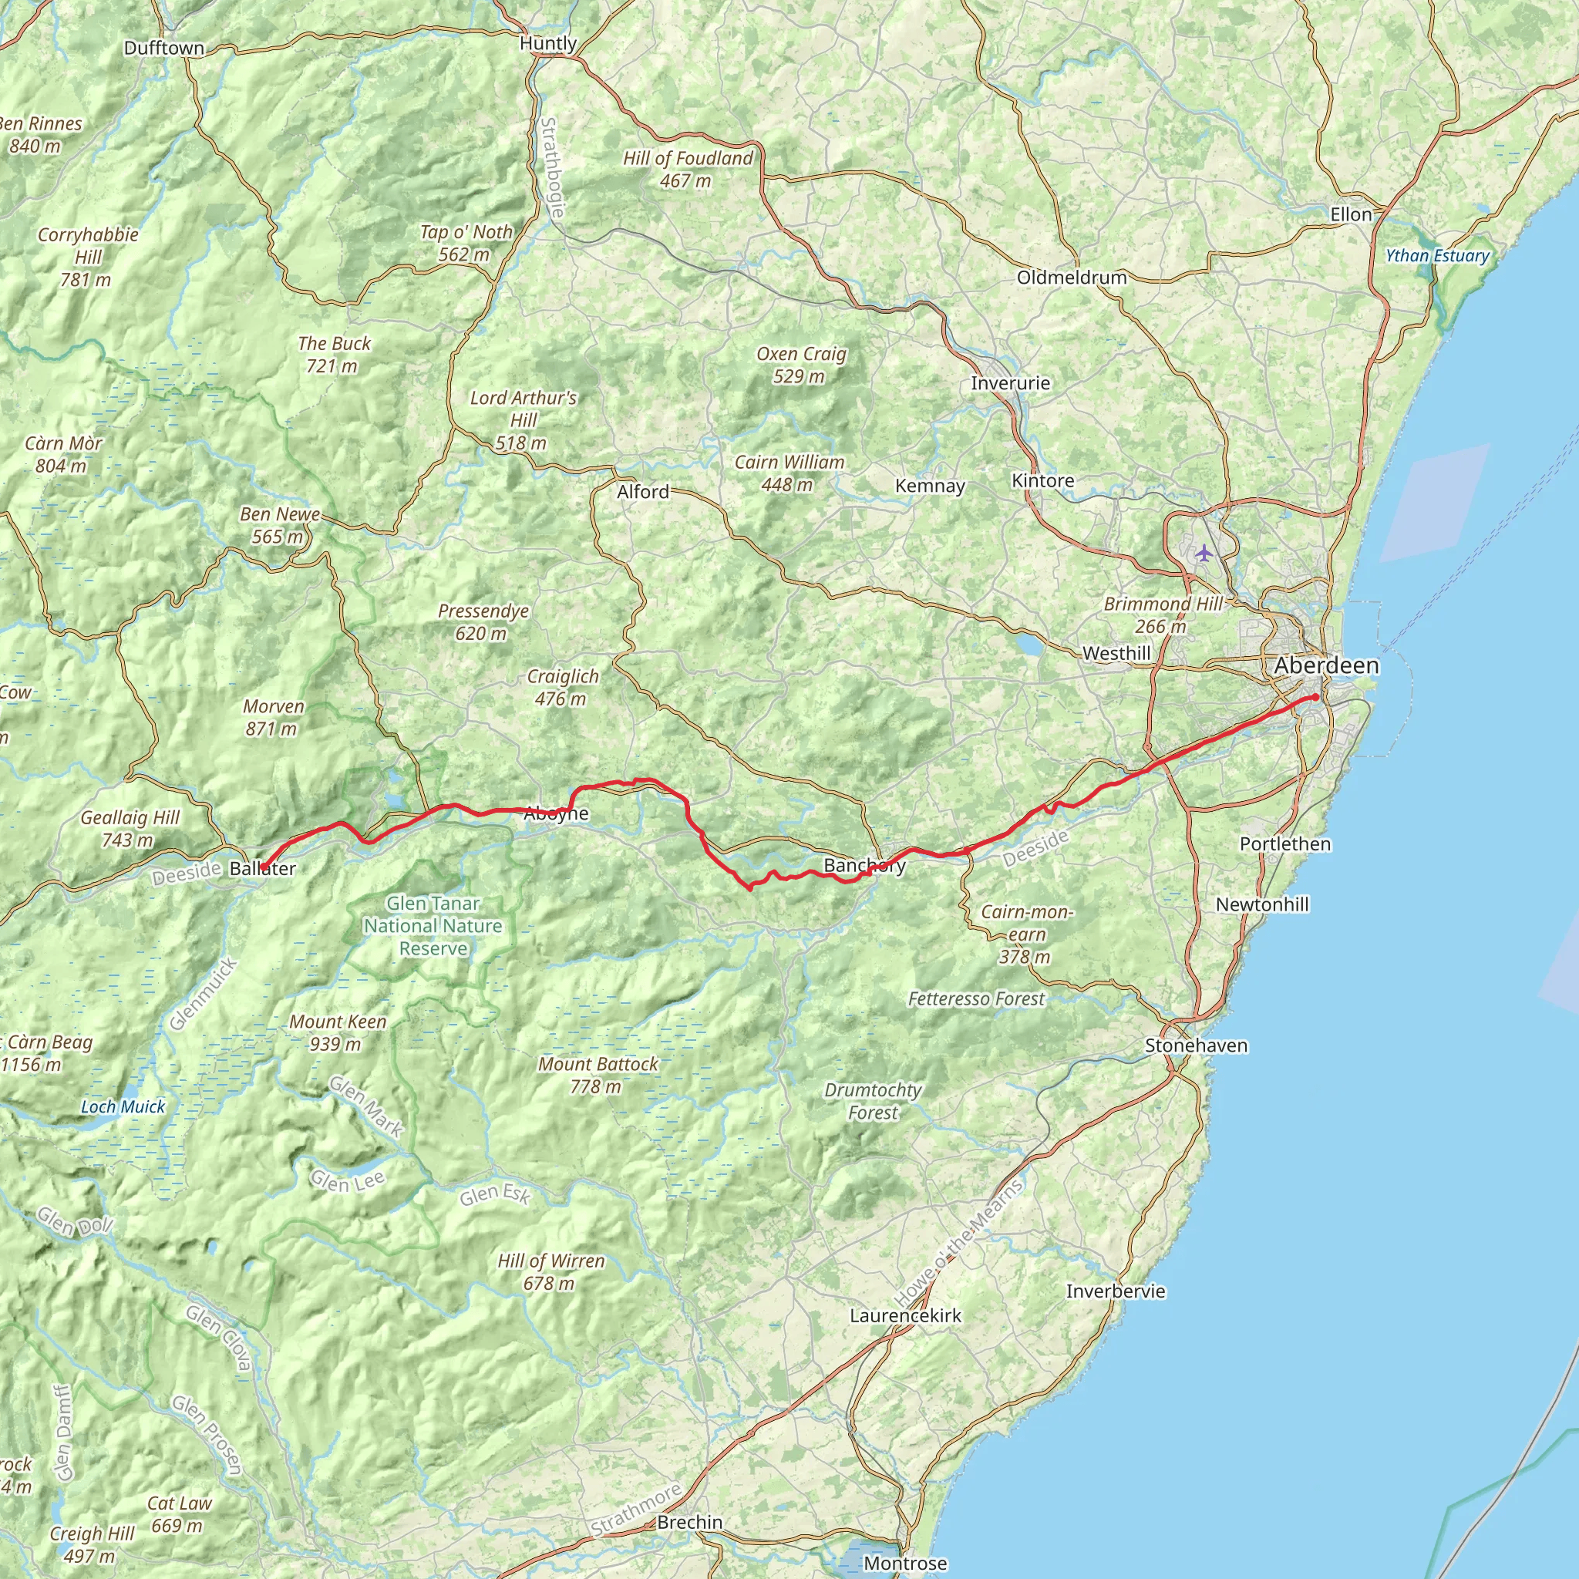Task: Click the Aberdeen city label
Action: (x=1325, y=666)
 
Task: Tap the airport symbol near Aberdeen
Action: (x=1203, y=554)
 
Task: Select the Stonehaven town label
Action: (x=1196, y=1045)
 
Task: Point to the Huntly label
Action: (x=548, y=43)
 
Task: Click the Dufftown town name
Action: (x=164, y=49)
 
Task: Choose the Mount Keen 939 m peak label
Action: (x=338, y=1032)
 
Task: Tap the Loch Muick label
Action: (x=123, y=1106)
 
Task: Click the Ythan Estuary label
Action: (x=1437, y=256)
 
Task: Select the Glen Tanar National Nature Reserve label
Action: (x=433, y=926)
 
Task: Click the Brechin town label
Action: (x=690, y=1523)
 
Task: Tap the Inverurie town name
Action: (x=1010, y=383)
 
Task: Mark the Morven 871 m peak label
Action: (x=273, y=717)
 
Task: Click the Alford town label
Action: (x=643, y=492)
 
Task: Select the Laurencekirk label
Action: (x=906, y=1316)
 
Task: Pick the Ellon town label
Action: (x=1351, y=215)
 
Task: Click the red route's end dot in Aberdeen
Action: (x=1315, y=697)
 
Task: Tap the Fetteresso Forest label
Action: (x=977, y=998)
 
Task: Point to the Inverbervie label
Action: (x=1116, y=1291)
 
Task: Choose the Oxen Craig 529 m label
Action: (x=801, y=365)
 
